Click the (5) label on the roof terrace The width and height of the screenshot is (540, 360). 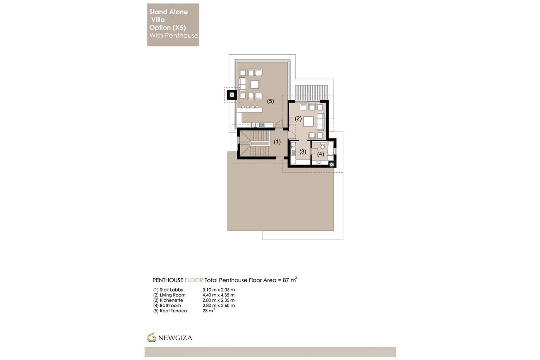pos(270,101)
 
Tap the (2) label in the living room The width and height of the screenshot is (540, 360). pos(298,119)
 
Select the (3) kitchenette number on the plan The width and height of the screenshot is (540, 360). pos(303,152)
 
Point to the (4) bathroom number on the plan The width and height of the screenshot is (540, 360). pos(320,154)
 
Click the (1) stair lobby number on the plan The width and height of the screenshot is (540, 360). pos(277,142)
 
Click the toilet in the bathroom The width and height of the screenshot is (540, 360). pos(322,146)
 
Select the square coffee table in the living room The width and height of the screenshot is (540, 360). pos(308,121)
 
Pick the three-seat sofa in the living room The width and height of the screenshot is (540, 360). pos(320,121)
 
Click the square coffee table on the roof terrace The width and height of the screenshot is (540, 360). pos(255,84)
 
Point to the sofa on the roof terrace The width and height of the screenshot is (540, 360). pos(242,84)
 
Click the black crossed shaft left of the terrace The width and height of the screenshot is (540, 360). pos(232,95)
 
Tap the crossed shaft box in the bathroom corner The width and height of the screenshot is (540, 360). pos(331,164)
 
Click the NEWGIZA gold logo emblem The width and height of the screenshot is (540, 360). pos(151,337)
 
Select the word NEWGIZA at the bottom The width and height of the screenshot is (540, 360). pos(175,338)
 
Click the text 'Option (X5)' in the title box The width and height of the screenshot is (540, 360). pos(167,28)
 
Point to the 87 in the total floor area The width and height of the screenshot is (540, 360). pos(286,280)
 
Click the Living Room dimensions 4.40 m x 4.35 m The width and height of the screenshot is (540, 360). pos(218,295)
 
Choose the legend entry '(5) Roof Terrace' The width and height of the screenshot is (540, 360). pos(170,311)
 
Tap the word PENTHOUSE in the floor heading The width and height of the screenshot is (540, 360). pos(168,280)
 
